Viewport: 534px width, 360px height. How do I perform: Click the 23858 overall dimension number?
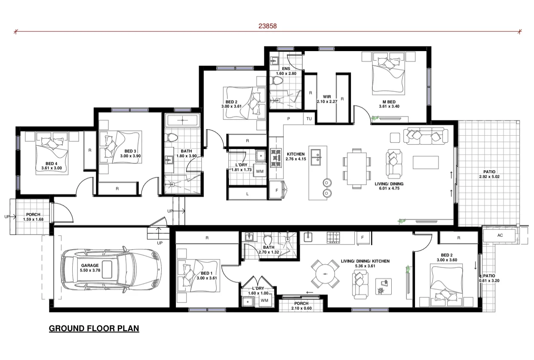pyautogui.click(x=267, y=25)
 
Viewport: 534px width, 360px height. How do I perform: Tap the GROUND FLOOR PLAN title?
pyautogui.click(x=94, y=329)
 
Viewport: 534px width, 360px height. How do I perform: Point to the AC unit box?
pyautogui.click(x=500, y=235)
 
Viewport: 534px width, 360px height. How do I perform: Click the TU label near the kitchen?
pyautogui.click(x=309, y=118)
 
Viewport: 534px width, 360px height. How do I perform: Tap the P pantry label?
pyautogui.click(x=288, y=118)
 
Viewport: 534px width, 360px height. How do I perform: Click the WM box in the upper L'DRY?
pyautogui.click(x=260, y=171)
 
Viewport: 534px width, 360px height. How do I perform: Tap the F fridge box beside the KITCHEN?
pyautogui.click(x=276, y=189)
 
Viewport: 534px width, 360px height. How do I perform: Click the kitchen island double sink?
pyautogui.click(x=318, y=156)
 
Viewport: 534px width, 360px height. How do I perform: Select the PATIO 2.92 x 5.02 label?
pyautogui.click(x=489, y=174)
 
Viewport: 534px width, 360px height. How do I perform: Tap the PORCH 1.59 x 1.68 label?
pyautogui.click(x=33, y=217)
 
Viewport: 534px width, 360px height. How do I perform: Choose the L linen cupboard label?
pyautogui.click(x=247, y=194)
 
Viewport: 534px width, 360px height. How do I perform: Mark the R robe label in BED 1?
pyautogui.click(x=207, y=237)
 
